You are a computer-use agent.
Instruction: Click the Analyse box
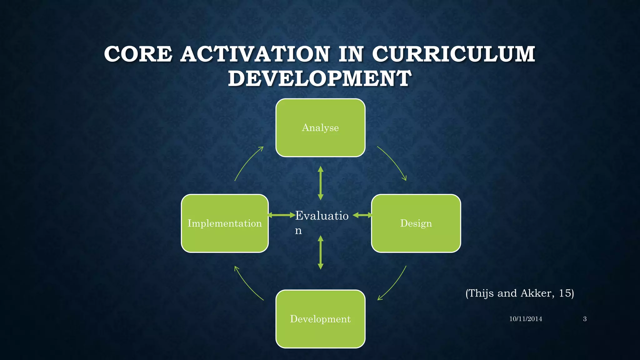click(320, 127)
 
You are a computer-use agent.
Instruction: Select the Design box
click(416, 223)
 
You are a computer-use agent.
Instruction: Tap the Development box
click(320, 319)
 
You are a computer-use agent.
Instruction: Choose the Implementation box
click(225, 223)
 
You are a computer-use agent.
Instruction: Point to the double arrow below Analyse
click(320, 183)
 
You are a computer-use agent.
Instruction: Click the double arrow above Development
click(320, 252)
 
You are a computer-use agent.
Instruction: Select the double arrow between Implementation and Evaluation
click(282, 215)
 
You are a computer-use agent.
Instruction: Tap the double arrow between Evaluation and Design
click(362, 215)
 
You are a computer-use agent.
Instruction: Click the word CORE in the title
click(138, 54)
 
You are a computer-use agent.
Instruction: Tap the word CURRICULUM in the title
click(453, 54)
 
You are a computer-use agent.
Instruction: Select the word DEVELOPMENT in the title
click(320, 78)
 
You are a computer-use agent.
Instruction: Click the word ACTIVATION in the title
click(255, 54)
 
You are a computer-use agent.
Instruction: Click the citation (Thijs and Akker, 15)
click(519, 293)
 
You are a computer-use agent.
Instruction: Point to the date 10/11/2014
click(526, 319)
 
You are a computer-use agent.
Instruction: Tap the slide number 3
click(585, 319)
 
